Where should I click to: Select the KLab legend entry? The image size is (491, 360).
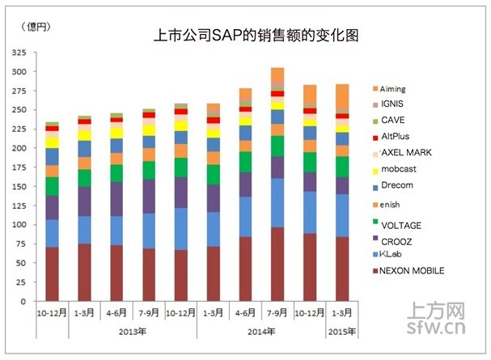(x=397, y=255)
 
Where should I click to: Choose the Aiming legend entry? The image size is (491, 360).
(x=397, y=89)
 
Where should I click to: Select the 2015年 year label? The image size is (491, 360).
(x=342, y=331)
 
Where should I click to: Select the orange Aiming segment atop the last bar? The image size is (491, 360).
(x=342, y=95)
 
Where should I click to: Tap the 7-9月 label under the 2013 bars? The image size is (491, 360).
(x=149, y=312)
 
